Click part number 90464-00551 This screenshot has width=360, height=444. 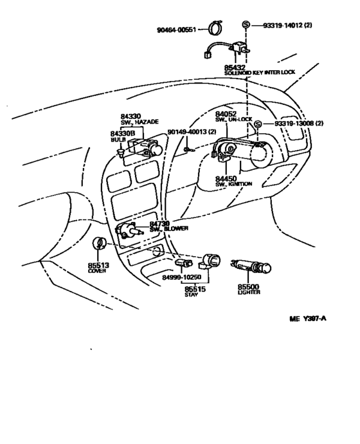[177, 30]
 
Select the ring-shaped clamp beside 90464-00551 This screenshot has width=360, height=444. [216, 27]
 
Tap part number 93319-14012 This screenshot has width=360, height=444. [283, 25]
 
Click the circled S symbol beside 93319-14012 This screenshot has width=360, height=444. [246, 25]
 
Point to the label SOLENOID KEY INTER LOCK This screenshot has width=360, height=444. [260, 73]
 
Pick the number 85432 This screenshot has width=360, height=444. [235, 68]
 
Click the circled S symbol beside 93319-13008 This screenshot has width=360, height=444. [257, 124]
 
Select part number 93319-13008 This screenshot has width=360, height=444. [294, 124]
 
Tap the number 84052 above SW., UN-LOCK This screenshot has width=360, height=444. [226, 114]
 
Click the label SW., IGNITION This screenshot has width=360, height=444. [233, 184]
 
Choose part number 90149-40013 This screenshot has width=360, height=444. [188, 132]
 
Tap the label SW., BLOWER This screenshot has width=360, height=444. [169, 229]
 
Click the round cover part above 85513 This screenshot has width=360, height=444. [99, 243]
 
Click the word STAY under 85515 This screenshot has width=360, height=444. [191, 295]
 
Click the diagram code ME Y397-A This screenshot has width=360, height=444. [308, 319]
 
